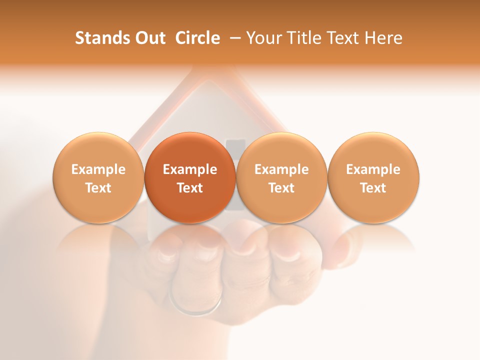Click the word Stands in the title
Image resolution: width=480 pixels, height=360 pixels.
click(98, 38)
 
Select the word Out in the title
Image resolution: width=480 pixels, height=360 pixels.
click(148, 38)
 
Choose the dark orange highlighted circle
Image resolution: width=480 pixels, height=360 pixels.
click(190, 178)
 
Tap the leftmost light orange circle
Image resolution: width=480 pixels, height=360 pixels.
click(98, 178)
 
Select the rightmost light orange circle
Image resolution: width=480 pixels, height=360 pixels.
click(373, 178)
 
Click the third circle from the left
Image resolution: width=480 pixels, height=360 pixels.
click(281, 178)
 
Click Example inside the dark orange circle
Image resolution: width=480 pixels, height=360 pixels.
click(190, 169)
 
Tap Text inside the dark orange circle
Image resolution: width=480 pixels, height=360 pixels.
click(190, 188)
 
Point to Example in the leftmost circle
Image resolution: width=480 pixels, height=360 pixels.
click(98, 169)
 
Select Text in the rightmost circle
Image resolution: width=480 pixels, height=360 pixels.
click(373, 188)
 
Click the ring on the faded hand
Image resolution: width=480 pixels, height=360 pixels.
click(196, 306)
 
